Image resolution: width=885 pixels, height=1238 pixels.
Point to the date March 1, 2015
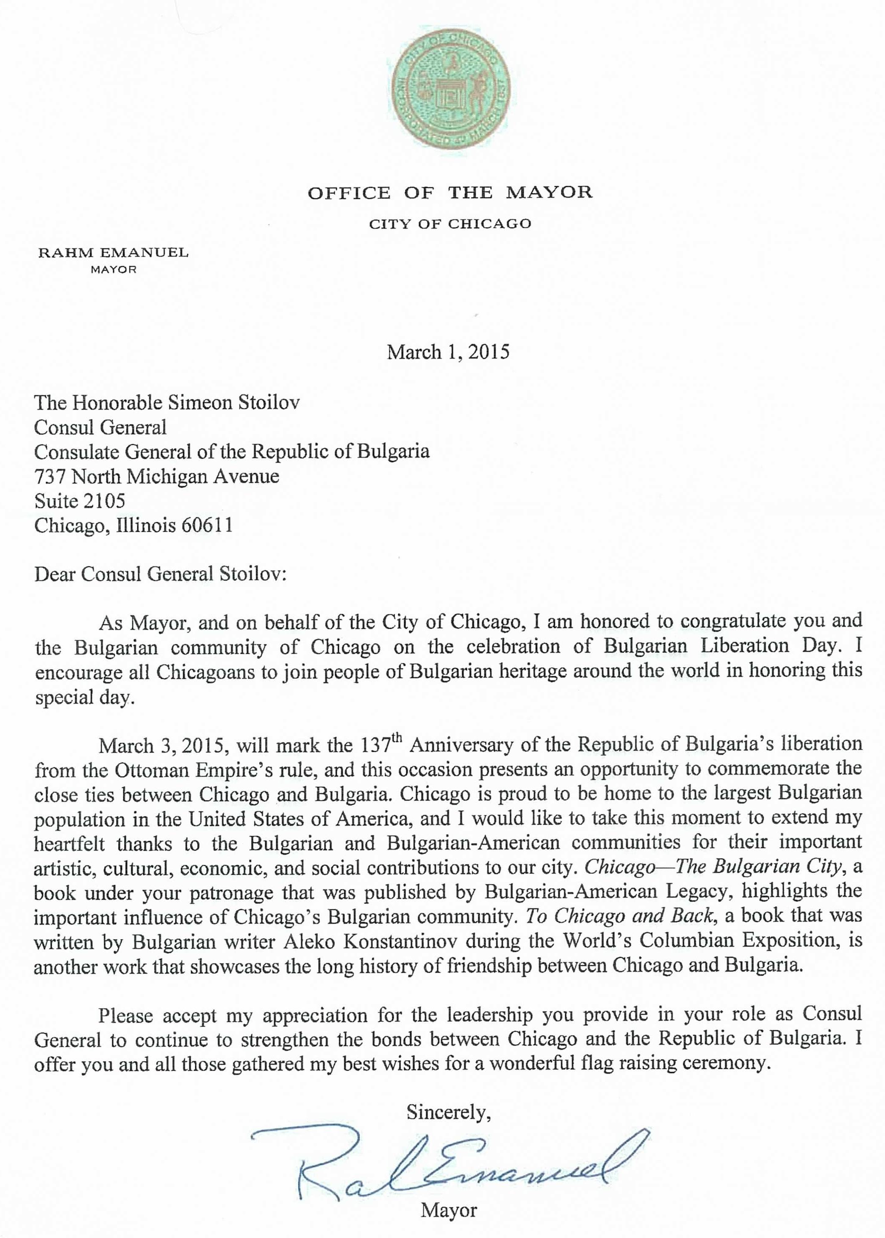[448, 352]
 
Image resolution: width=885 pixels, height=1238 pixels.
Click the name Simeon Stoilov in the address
[234, 402]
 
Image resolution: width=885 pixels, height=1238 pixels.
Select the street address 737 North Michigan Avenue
[156, 477]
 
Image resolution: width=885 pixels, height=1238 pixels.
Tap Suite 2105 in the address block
[80, 501]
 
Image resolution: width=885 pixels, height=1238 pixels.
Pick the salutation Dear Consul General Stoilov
[160, 574]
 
